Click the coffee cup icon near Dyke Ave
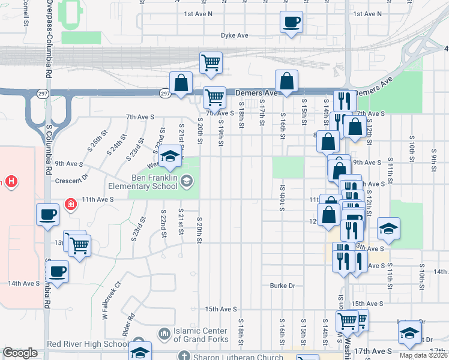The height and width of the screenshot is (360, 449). [291, 23]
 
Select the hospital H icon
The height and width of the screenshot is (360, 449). [10, 181]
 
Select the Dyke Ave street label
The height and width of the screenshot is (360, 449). [234, 36]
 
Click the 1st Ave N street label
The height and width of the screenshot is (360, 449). [198, 14]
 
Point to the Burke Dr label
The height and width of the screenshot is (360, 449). [282, 286]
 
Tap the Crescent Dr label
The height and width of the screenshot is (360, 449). [71, 178]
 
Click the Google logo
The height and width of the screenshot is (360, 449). [20, 353]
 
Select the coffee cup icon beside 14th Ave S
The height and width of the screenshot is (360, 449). [58, 271]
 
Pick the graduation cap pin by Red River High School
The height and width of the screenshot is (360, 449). [140, 352]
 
